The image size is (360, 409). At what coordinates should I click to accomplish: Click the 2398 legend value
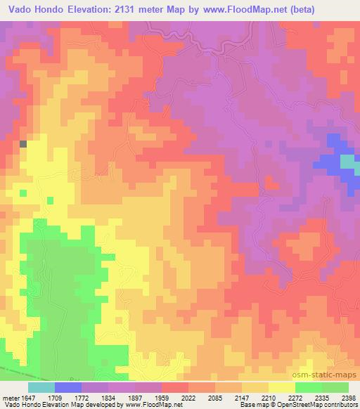click(x=348, y=397)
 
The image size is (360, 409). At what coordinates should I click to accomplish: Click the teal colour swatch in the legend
click(x=41, y=387)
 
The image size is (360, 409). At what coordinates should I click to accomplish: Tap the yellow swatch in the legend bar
click(x=282, y=387)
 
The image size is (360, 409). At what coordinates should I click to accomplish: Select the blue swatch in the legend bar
click(x=68, y=387)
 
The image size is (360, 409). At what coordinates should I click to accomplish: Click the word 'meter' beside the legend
click(x=12, y=397)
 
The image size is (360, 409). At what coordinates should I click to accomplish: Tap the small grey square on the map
click(x=23, y=143)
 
